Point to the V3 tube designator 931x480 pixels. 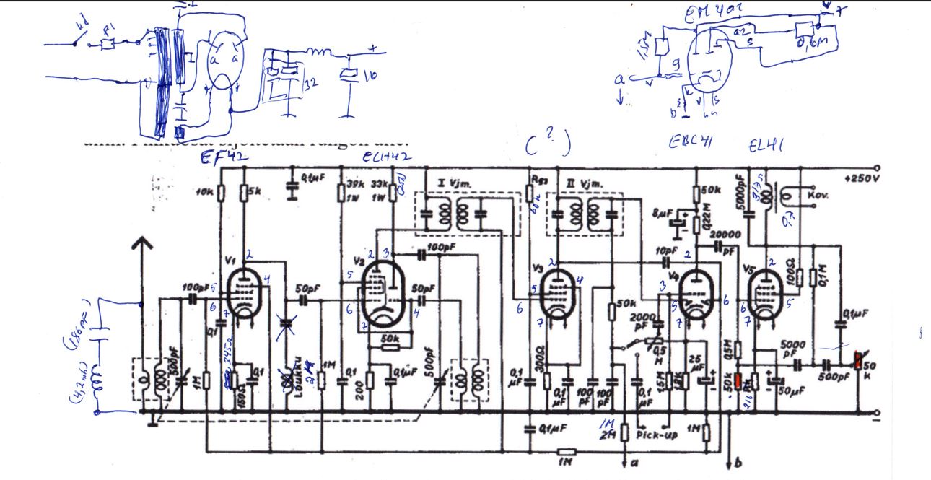point(536,269)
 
